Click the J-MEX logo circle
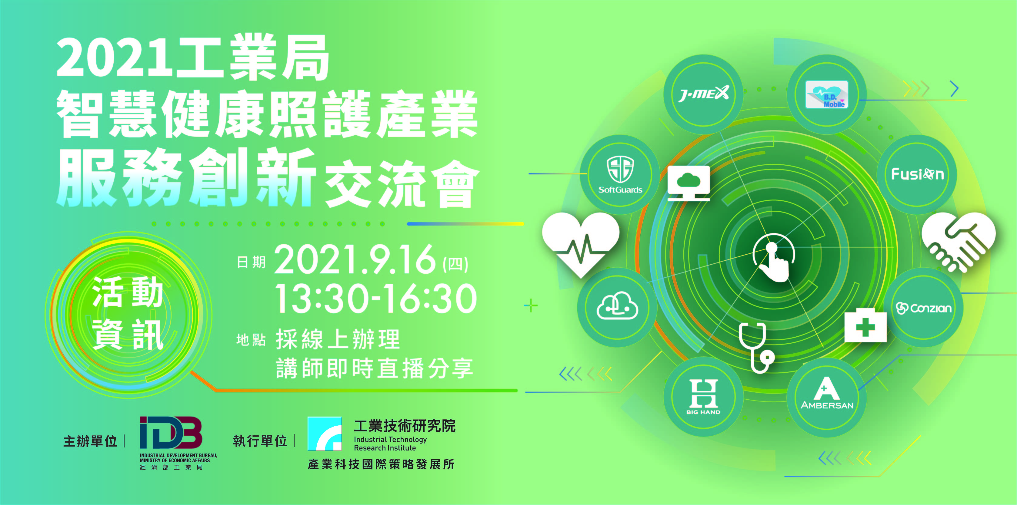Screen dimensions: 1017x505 (x=703, y=94)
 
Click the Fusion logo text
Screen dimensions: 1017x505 (x=917, y=174)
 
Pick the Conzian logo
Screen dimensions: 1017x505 (x=923, y=308)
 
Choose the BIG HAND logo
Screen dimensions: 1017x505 (x=703, y=397)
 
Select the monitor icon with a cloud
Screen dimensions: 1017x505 (x=689, y=183)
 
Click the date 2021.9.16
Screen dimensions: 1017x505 (x=355, y=259)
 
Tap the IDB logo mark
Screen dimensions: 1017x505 (x=171, y=433)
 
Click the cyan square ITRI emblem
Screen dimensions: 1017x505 (x=325, y=434)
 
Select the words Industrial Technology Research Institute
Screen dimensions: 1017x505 (x=390, y=444)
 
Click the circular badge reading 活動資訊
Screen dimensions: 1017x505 (x=128, y=314)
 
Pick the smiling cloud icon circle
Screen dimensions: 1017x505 (x=617, y=307)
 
